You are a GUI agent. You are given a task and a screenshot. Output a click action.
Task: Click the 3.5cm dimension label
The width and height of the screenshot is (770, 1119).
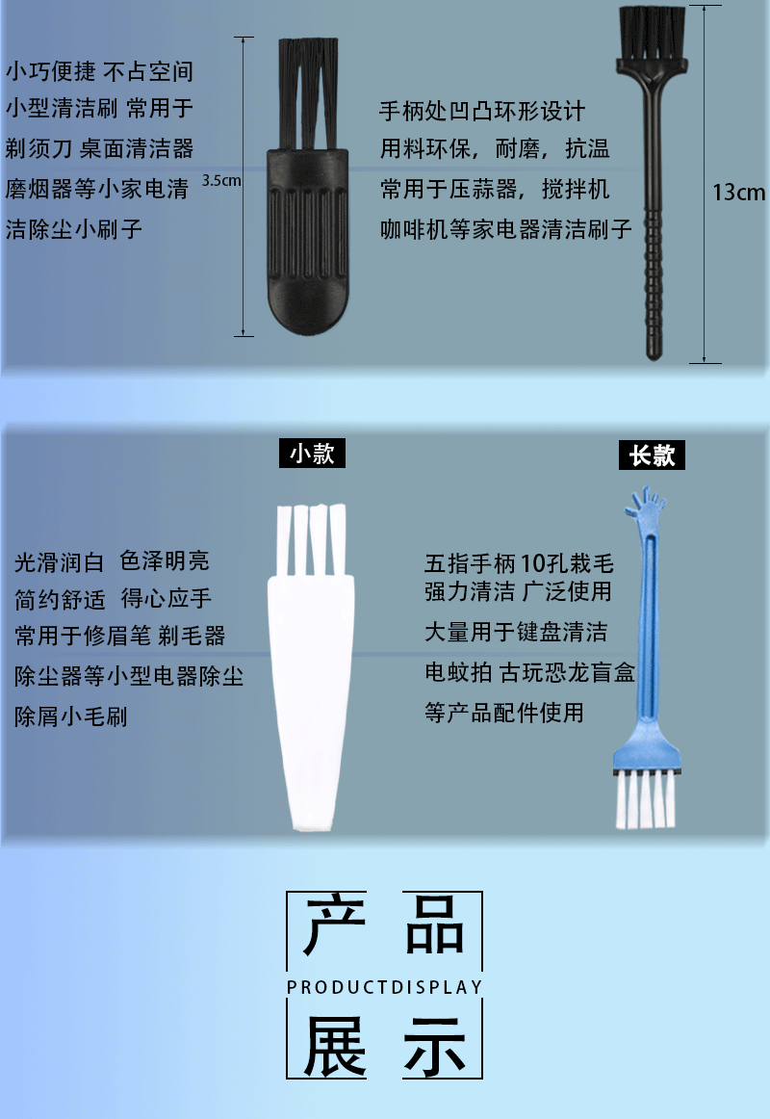point(221,180)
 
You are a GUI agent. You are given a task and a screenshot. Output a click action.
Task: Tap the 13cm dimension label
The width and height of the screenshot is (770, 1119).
point(738,192)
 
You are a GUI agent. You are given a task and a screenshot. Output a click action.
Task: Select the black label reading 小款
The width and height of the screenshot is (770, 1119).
point(312,454)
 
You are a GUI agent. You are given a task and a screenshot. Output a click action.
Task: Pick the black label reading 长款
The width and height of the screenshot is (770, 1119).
point(652,455)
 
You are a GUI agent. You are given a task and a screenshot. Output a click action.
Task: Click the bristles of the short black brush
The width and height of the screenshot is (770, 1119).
point(308,92)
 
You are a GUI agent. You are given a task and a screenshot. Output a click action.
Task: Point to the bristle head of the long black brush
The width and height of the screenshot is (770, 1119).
point(653,35)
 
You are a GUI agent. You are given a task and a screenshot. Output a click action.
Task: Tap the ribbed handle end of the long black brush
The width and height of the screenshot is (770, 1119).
point(654,284)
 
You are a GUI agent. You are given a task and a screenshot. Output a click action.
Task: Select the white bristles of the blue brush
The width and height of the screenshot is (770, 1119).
point(645,801)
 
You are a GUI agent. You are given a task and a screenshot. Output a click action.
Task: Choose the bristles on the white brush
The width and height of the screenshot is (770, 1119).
point(312,539)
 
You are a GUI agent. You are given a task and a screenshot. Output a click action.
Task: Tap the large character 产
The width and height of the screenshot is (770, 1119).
point(334,925)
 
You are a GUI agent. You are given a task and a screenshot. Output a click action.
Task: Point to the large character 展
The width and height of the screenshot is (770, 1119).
point(335,1046)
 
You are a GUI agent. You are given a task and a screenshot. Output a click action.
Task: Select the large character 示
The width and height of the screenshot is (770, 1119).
point(435,1046)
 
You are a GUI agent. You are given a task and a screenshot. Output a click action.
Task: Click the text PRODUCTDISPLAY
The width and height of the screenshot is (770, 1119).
point(384,987)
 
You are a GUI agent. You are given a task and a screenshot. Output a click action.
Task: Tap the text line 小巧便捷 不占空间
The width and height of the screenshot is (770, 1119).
point(100,71)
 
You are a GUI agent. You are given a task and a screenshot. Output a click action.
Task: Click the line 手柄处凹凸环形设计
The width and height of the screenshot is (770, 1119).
point(482,112)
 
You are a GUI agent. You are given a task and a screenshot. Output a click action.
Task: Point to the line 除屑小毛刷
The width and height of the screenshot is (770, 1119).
point(70,716)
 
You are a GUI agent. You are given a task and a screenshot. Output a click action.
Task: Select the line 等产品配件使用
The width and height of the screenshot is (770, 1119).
point(504,713)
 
